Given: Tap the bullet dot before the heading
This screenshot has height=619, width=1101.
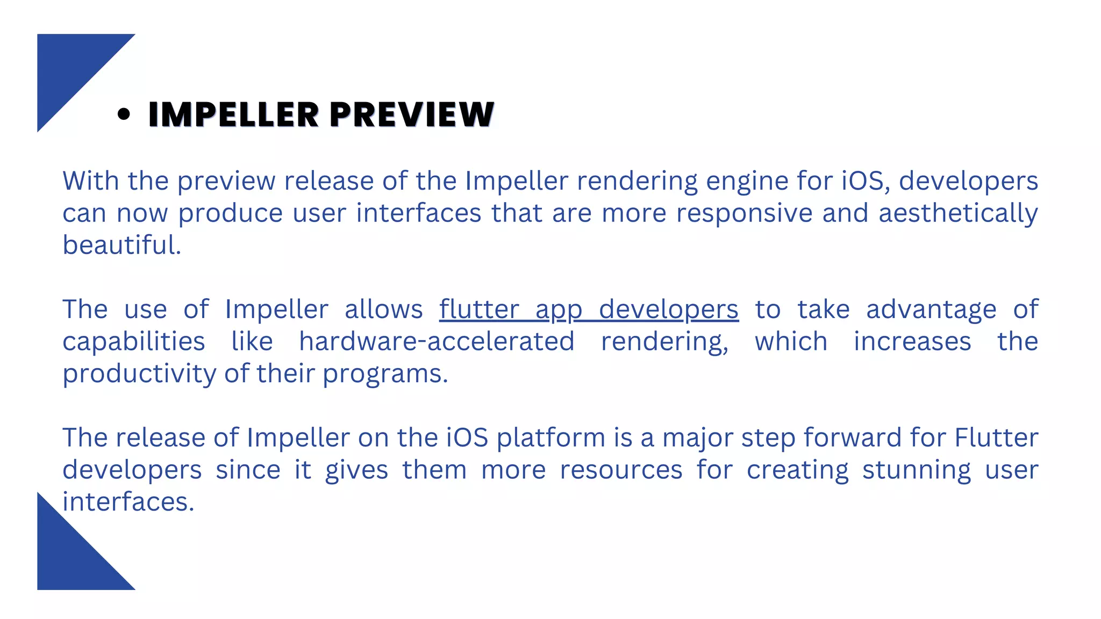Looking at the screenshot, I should click(124, 114).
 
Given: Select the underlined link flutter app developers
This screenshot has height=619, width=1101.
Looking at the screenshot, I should click(589, 309).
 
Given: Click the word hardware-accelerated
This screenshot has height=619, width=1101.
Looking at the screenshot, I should click(437, 342).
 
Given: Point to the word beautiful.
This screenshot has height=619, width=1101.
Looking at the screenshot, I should click(121, 245).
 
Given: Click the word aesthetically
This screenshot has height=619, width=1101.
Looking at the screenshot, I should click(958, 213).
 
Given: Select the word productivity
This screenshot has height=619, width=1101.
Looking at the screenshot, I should click(139, 374).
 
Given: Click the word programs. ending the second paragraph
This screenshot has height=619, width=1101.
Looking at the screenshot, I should click(385, 374).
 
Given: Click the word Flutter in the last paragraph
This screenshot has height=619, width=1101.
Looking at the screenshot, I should click(996, 437).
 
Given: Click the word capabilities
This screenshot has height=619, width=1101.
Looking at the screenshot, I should click(133, 342).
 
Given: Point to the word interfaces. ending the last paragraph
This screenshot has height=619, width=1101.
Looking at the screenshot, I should click(128, 502).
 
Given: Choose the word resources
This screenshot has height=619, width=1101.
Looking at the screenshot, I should click(621, 470).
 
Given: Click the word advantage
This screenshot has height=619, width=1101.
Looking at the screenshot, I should click(931, 310).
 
